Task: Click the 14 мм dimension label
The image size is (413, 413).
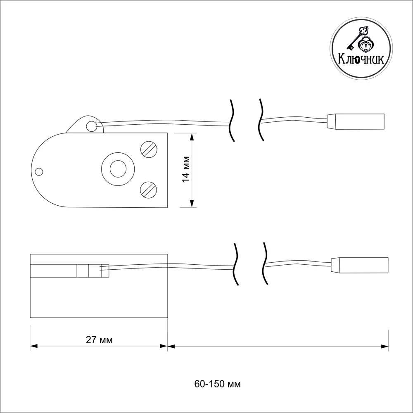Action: tap(186, 169)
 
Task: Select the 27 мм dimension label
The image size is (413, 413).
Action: tap(99, 340)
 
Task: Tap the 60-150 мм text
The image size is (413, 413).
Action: tap(217, 384)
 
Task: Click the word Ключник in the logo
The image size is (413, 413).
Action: tap(361, 59)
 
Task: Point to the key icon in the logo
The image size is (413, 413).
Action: tap(357, 38)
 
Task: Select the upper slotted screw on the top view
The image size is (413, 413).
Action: tap(149, 150)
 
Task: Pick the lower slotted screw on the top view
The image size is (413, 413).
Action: tap(149, 190)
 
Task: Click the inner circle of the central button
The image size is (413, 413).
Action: tap(118, 169)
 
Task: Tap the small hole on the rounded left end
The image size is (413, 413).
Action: tap(39, 172)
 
